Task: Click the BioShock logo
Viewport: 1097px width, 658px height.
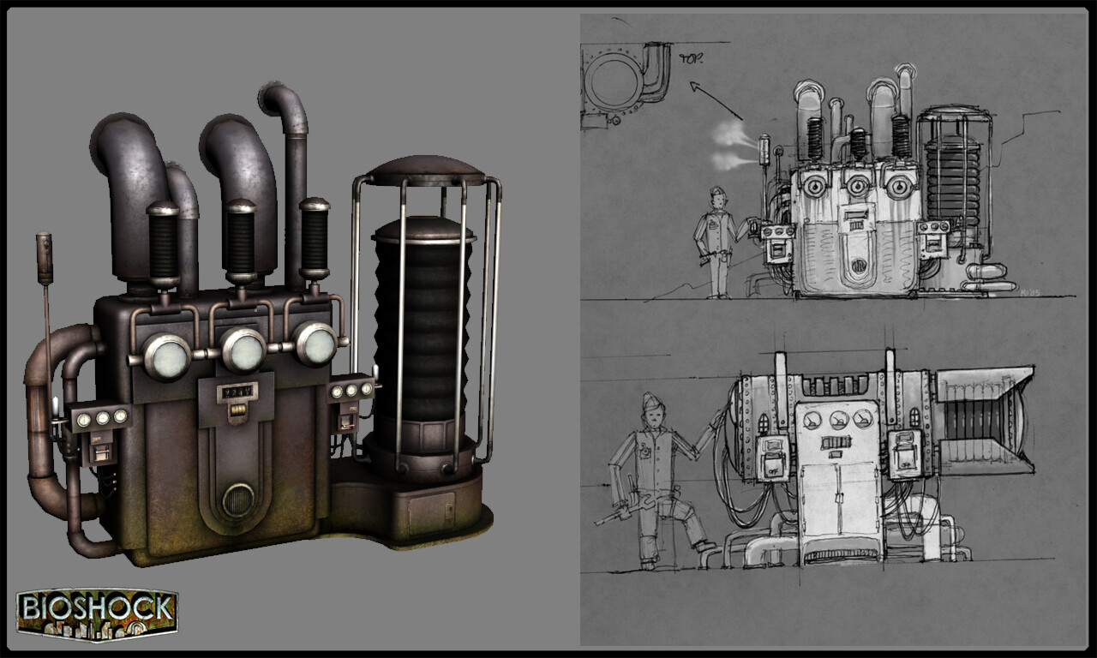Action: pyautogui.click(x=96, y=612)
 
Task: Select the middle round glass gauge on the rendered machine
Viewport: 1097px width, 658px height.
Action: pyautogui.click(x=243, y=349)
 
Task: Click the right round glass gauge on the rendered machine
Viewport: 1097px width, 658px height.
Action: pyautogui.click(x=315, y=344)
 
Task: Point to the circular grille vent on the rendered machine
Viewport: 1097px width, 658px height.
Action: pyautogui.click(x=238, y=499)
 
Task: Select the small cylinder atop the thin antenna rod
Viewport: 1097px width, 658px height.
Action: pyautogui.click(x=44, y=258)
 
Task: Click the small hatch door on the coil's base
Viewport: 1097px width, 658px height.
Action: pyautogui.click(x=431, y=512)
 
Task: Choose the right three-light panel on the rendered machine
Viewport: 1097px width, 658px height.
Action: pyautogui.click(x=351, y=391)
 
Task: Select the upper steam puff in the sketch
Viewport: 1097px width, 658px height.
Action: pyautogui.click(x=731, y=132)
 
